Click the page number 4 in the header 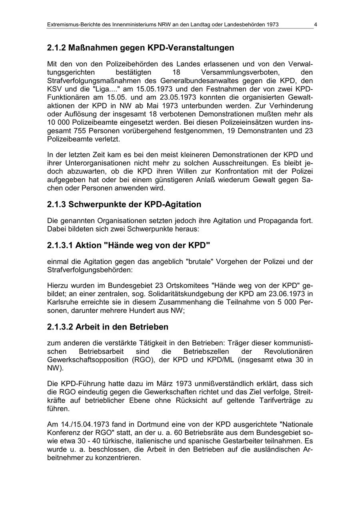315,25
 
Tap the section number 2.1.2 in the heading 56,48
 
